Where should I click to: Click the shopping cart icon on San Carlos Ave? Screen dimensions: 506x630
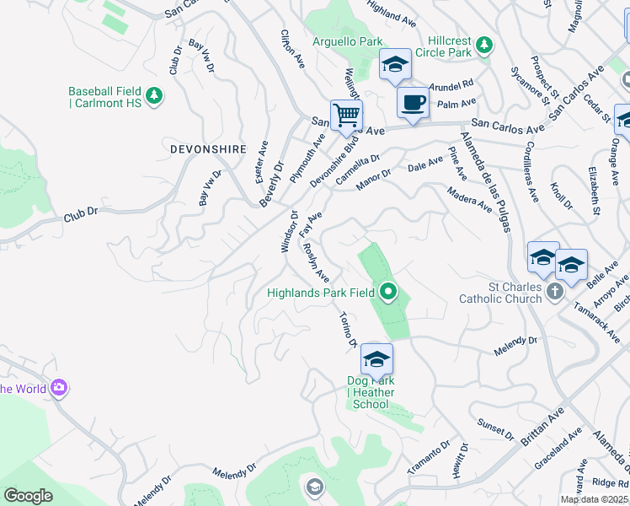click(x=345, y=114)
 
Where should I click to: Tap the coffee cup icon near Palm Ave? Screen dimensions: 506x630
click(x=412, y=102)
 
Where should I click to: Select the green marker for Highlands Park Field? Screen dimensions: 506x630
click(x=387, y=293)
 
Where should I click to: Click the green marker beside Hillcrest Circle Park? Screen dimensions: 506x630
click(x=483, y=44)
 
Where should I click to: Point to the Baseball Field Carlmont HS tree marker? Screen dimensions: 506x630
click(x=153, y=95)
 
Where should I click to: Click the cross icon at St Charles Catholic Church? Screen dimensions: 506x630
click(x=553, y=291)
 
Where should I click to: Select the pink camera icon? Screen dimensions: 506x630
click(x=59, y=388)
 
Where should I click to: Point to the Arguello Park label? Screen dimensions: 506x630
click(x=347, y=41)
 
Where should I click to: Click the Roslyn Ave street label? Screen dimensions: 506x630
click(x=316, y=262)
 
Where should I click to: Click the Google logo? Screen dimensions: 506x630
click(x=28, y=495)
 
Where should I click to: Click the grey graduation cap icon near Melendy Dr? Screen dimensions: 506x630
click(x=314, y=487)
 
